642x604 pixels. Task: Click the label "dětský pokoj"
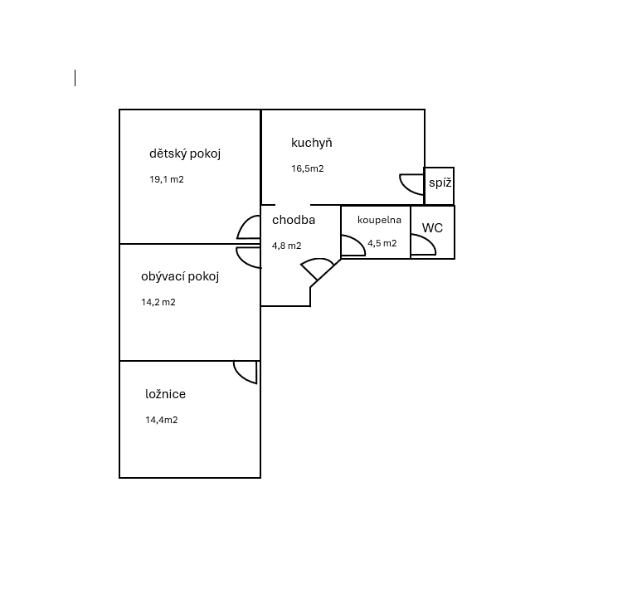tap(185, 154)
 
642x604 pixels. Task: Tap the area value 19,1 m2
tap(166, 179)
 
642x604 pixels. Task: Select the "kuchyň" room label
tap(312, 143)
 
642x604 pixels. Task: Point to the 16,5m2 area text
tap(308, 168)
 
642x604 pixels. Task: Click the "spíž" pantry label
tap(440, 183)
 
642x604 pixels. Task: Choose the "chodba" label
tap(294, 220)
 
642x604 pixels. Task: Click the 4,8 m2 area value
tap(287, 246)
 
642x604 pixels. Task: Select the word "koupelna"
tap(379, 221)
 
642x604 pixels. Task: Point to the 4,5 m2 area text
tap(382, 243)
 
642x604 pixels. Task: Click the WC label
tap(432, 228)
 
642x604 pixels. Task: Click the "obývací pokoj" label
tap(180, 277)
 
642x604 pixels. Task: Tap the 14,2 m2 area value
tap(158, 302)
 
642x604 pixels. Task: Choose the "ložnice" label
tap(165, 394)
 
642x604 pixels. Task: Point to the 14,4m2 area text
tap(161, 420)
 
